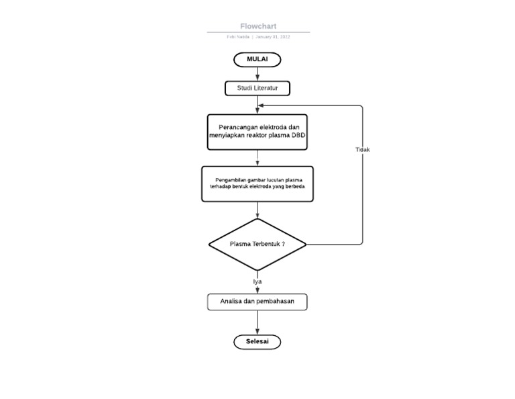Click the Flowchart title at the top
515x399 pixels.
pos(258,26)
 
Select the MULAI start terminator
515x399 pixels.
pos(257,59)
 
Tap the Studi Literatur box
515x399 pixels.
pos(257,88)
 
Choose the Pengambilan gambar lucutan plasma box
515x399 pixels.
pos(257,183)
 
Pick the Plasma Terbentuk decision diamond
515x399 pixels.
pos(257,244)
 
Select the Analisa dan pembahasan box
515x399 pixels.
pos(257,302)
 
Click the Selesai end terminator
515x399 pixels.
pos(257,342)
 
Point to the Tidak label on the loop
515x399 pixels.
pos(362,150)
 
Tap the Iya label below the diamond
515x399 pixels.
pos(257,281)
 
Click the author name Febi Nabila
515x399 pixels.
pos(238,37)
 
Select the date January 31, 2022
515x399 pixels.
pos(273,37)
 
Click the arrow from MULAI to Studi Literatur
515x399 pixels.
pos(257,75)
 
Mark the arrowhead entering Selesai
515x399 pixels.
pos(257,331)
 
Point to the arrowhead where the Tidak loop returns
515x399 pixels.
pos(262,105)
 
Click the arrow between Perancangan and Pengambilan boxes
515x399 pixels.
pos(257,158)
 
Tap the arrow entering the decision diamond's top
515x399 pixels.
pos(257,214)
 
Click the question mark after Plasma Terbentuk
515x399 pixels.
pos(283,244)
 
